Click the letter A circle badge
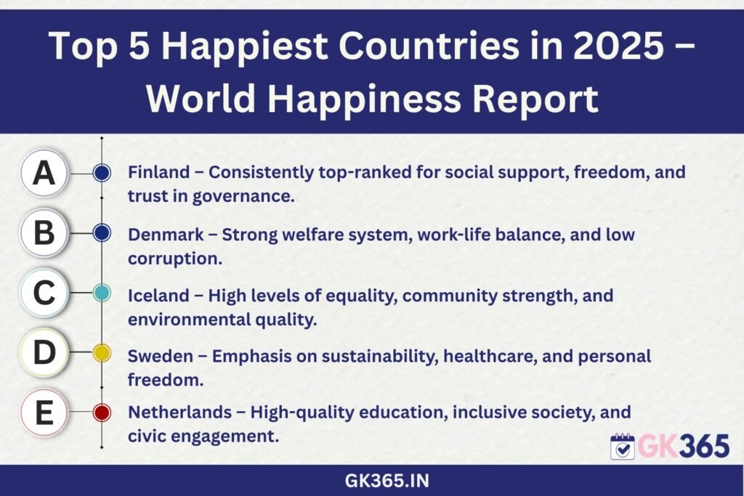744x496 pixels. point(44,173)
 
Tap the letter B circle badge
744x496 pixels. point(44,233)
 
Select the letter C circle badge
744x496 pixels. point(44,293)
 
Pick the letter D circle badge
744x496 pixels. point(44,352)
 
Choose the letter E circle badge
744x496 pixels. point(44,412)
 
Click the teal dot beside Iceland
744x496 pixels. point(102,293)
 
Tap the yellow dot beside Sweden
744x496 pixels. point(102,353)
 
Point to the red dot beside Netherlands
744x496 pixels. point(102,412)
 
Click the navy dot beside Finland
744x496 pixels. point(102,173)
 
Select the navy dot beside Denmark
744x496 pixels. point(102,233)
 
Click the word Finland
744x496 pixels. point(159,171)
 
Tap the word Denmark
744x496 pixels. point(166,235)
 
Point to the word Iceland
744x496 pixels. point(159,296)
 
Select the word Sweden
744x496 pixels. point(161,356)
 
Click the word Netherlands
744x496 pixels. point(180,412)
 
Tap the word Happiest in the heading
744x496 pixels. point(244,46)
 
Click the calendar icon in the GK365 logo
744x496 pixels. point(623,446)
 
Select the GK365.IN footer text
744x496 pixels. point(387,481)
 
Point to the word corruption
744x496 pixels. point(175,259)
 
